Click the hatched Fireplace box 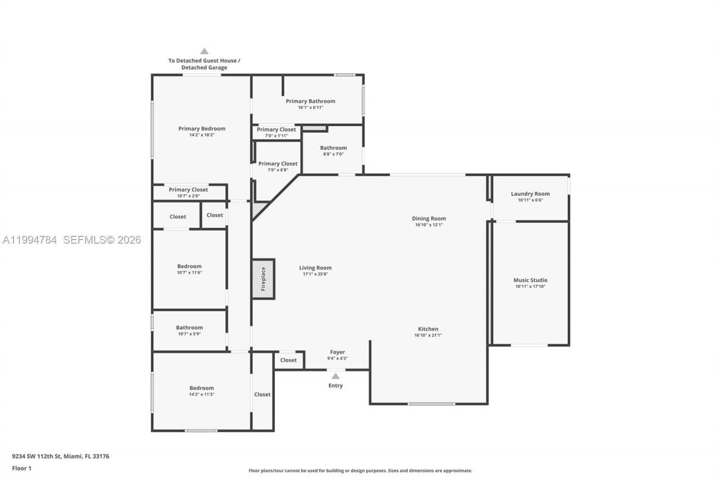tap(263, 279)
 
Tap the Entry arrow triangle tap(336, 376)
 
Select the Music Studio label tap(530, 280)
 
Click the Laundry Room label tap(530, 194)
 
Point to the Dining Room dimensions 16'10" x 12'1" tap(429, 225)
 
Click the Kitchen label tap(428, 329)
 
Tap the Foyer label tap(337, 352)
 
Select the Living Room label tap(315, 268)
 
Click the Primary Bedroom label tap(202, 128)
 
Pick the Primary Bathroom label tap(310, 101)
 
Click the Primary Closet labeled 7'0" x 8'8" tap(278, 164)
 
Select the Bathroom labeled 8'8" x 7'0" tap(333, 148)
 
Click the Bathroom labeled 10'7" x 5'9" tap(189, 328)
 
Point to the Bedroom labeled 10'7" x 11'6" tap(189, 266)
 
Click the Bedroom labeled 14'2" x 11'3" tap(202, 388)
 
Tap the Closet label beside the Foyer tap(288, 360)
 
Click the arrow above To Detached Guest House tap(204, 51)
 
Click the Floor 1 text tap(22, 468)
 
